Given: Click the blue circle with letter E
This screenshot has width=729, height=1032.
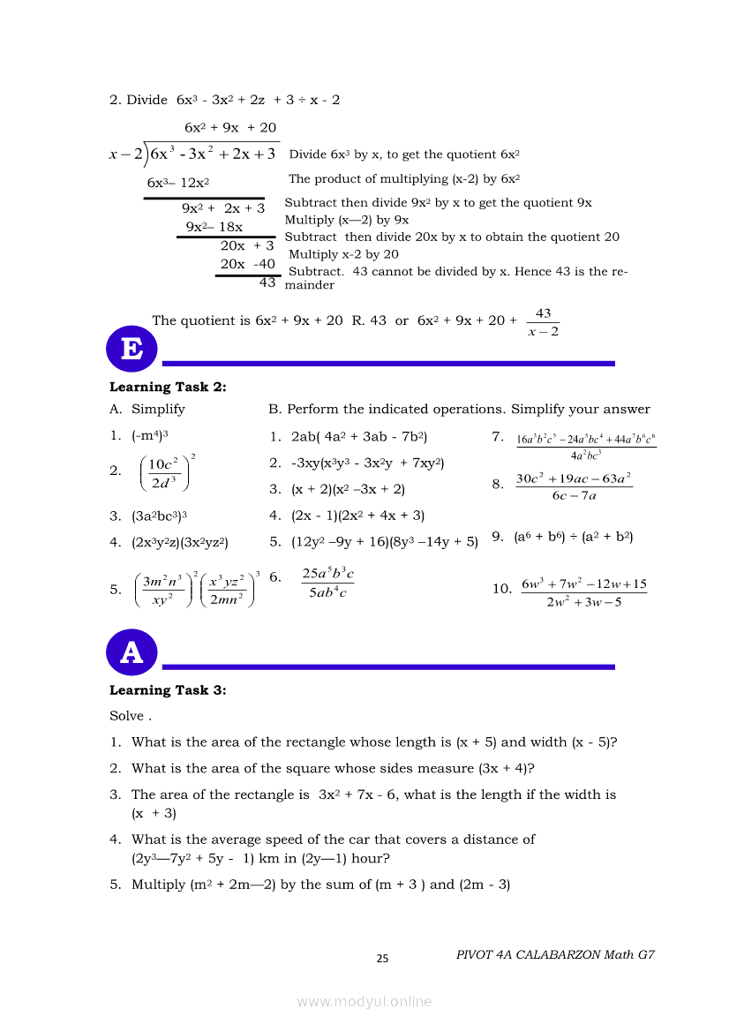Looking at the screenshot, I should coord(132,349).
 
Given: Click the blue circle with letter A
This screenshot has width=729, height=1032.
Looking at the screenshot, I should coord(132,652).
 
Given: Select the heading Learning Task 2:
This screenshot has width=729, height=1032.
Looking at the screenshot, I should coord(168,387).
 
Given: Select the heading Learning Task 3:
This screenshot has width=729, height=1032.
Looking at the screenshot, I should coord(168,690).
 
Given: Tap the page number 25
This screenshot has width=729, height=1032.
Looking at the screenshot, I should coord(382,959).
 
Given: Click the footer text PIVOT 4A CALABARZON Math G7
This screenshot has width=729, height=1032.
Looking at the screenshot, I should coord(555,954).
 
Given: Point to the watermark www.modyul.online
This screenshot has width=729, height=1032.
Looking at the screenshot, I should coord(364,1001).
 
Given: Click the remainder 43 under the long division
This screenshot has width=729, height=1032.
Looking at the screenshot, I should coord(267,283).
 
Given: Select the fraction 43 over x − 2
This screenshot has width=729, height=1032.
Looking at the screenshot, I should coord(543,322).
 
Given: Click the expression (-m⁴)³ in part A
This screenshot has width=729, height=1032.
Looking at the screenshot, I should coord(150,435).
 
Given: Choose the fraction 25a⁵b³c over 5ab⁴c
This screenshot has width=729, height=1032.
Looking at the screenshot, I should coord(327,584).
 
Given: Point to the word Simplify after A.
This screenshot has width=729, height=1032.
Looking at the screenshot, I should coord(158,409).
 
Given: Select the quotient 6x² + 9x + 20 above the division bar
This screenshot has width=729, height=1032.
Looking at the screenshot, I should coord(229,127).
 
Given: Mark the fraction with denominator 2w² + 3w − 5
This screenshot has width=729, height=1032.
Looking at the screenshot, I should coord(583,592).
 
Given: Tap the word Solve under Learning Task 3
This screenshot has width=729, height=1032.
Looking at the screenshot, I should coord(125,716).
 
